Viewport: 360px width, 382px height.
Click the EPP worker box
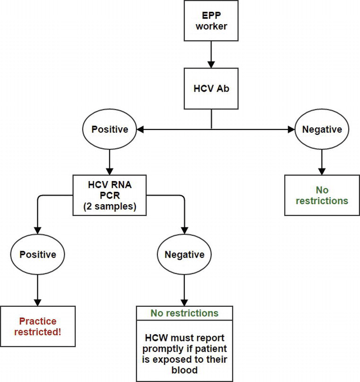point(211,20)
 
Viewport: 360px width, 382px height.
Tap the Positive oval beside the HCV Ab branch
point(110,129)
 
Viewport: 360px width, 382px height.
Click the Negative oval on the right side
point(322,129)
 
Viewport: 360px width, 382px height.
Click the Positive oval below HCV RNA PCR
point(38,254)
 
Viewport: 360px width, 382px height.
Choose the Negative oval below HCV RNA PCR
point(184,254)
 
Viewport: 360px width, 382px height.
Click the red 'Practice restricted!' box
point(38,326)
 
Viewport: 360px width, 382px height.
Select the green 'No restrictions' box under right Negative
point(322,195)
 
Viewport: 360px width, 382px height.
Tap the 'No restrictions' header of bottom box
point(184,313)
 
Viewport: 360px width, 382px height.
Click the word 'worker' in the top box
point(211,26)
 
